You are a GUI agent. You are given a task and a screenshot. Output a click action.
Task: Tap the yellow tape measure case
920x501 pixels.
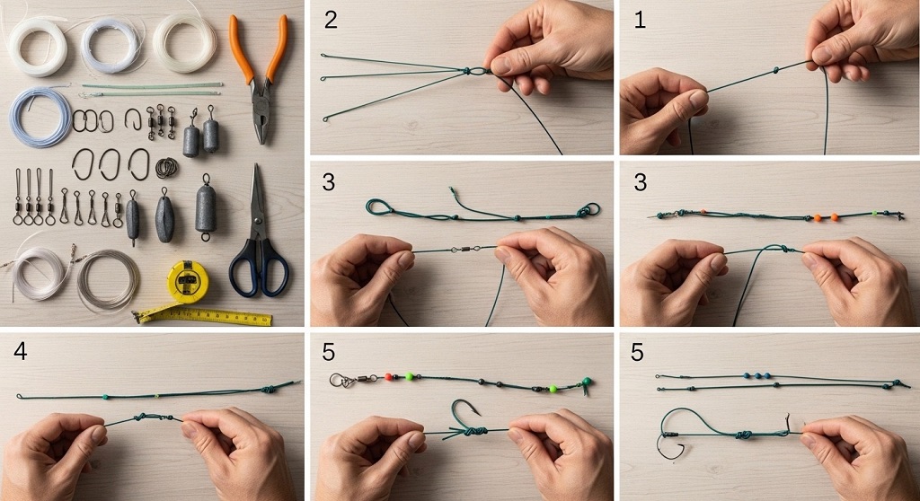[x=188, y=280]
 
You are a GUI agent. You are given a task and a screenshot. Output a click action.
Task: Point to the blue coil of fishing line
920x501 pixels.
[x=40, y=118]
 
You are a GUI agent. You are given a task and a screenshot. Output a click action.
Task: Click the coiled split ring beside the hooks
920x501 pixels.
[x=167, y=167]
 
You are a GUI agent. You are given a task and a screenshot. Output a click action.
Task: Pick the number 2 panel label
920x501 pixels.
[x=331, y=21]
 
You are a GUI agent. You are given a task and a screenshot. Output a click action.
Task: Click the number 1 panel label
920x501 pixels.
[x=640, y=21]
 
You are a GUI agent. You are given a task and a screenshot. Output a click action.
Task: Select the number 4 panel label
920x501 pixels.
[x=21, y=352]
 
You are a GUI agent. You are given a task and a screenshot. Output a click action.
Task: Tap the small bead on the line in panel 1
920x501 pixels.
[x=774, y=68]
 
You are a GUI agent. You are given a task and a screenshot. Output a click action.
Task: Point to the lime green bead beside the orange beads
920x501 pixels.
[x=872, y=215]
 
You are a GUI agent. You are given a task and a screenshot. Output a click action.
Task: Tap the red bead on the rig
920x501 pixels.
[x=388, y=377]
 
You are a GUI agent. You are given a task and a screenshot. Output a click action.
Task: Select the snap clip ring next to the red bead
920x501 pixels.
[x=341, y=381]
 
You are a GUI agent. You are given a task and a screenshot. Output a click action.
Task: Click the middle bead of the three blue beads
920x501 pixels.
[x=758, y=376]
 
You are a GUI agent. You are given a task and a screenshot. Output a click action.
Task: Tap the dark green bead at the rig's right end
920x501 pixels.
[x=586, y=383]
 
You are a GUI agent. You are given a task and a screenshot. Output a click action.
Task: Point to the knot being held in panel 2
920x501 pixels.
[x=475, y=70]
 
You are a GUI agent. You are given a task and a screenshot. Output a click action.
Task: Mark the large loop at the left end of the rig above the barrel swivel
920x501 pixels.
[x=380, y=208]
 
